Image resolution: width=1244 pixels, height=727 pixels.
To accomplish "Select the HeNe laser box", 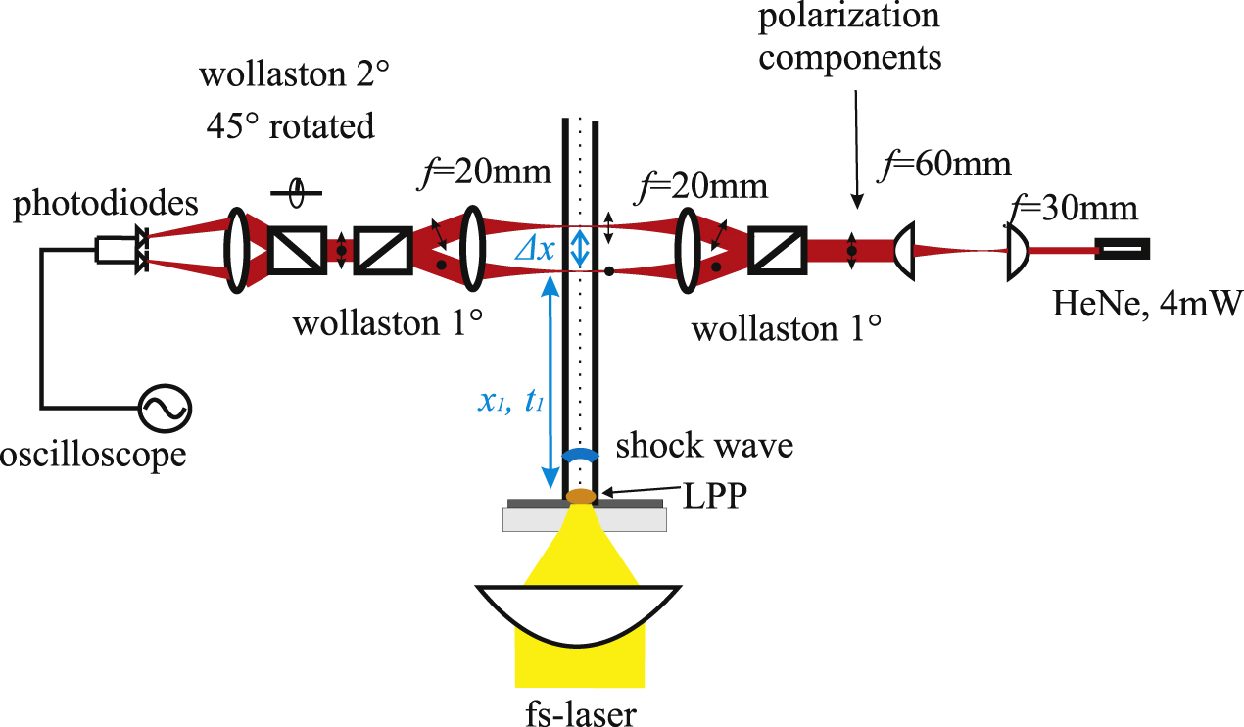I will (x=1122, y=250).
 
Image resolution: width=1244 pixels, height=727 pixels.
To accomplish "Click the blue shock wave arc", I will (x=582, y=455).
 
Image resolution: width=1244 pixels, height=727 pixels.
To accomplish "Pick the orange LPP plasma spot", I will (x=581, y=496).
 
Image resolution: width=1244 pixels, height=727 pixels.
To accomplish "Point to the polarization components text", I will (x=851, y=36).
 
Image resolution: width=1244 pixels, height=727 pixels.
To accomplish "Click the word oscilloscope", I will (x=93, y=456).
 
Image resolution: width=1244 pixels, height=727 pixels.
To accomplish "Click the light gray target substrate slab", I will (x=585, y=519).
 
